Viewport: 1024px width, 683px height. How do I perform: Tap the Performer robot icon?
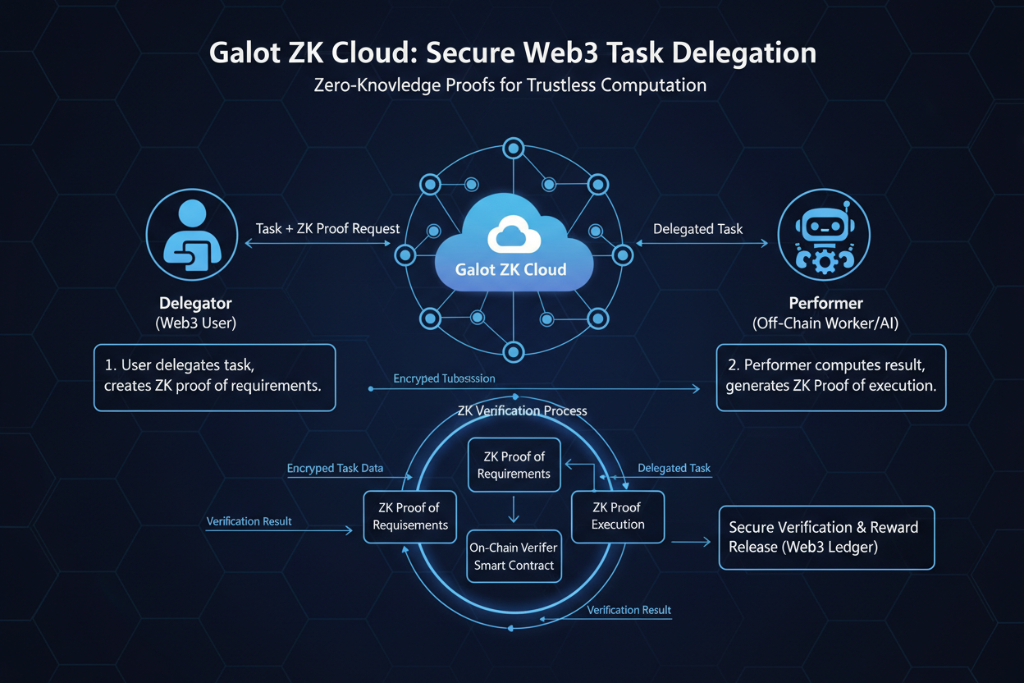click(823, 238)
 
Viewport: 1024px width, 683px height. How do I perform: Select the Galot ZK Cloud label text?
click(511, 269)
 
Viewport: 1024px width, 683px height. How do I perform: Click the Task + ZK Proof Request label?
click(327, 229)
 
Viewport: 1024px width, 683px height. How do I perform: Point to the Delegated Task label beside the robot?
click(697, 229)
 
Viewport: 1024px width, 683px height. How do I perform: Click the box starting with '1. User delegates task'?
click(214, 377)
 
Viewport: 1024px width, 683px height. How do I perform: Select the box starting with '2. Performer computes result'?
click(830, 377)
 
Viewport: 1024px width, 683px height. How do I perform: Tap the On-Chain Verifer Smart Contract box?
click(514, 556)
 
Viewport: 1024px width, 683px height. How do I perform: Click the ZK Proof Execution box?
click(618, 516)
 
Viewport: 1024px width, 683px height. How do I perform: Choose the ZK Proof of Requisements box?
click(410, 516)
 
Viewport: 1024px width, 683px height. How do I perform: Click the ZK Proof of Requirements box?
click(514, 465)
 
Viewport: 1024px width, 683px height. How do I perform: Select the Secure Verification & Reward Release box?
click(825, 537)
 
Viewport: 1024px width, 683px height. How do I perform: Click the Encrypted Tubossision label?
click(444, 378)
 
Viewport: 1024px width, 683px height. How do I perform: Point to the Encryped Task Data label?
click(335, 468)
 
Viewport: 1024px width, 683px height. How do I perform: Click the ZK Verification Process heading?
click(521, 410)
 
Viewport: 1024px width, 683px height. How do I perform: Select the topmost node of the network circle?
click(514, 149)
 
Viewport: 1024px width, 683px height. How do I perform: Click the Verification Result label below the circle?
click(629, 610)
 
